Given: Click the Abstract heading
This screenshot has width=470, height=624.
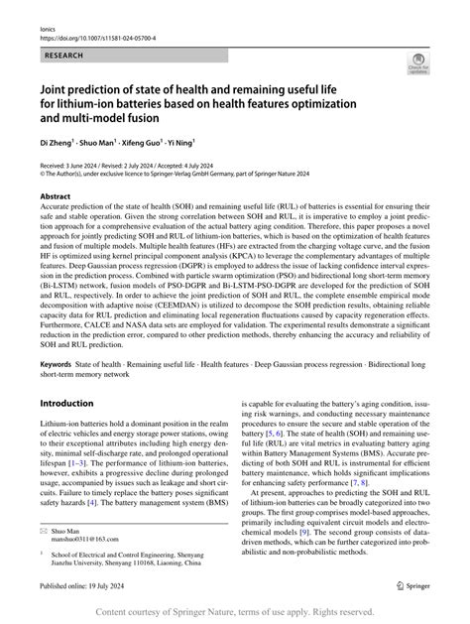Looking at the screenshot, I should click(x=57, y=196).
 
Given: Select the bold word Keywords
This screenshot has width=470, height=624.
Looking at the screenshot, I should click(x=59, y=337).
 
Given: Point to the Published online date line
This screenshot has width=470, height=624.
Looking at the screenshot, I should click(x=83, y=587).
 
